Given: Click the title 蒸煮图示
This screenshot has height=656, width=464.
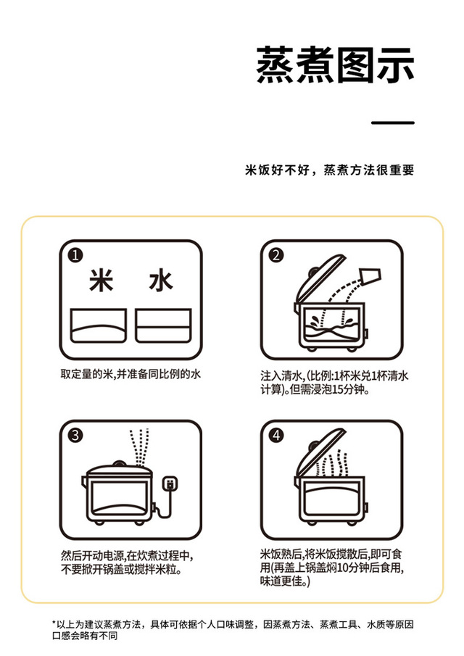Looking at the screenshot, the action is tap(335, 65).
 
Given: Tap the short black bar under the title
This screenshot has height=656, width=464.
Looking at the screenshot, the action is tap(393, 123).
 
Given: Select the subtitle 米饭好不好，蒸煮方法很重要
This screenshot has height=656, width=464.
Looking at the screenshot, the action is tap(330, 170).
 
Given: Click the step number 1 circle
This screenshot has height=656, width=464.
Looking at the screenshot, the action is tap(75, 255).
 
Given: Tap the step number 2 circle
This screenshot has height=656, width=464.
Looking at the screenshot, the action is tap(276, 255).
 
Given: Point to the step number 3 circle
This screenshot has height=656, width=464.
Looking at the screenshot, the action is tap(75, 436).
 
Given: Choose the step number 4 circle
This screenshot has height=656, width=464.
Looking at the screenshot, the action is tap(276, 436).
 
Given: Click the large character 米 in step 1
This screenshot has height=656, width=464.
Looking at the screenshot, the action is tap(101, 280).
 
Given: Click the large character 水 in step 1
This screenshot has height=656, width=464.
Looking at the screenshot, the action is tap(161, 280).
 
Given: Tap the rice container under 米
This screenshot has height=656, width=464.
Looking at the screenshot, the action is tap(99, 325).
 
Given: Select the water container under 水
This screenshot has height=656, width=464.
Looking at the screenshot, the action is tap(163, 325).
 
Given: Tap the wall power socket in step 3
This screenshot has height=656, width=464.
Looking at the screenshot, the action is tap(170, 483).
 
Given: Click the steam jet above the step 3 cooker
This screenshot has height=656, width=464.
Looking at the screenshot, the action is tap(140, 447).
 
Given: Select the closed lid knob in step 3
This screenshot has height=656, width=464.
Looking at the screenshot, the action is tap(119, 464).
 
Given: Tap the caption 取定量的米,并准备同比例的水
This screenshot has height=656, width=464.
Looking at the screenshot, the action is tap(130, 374).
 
